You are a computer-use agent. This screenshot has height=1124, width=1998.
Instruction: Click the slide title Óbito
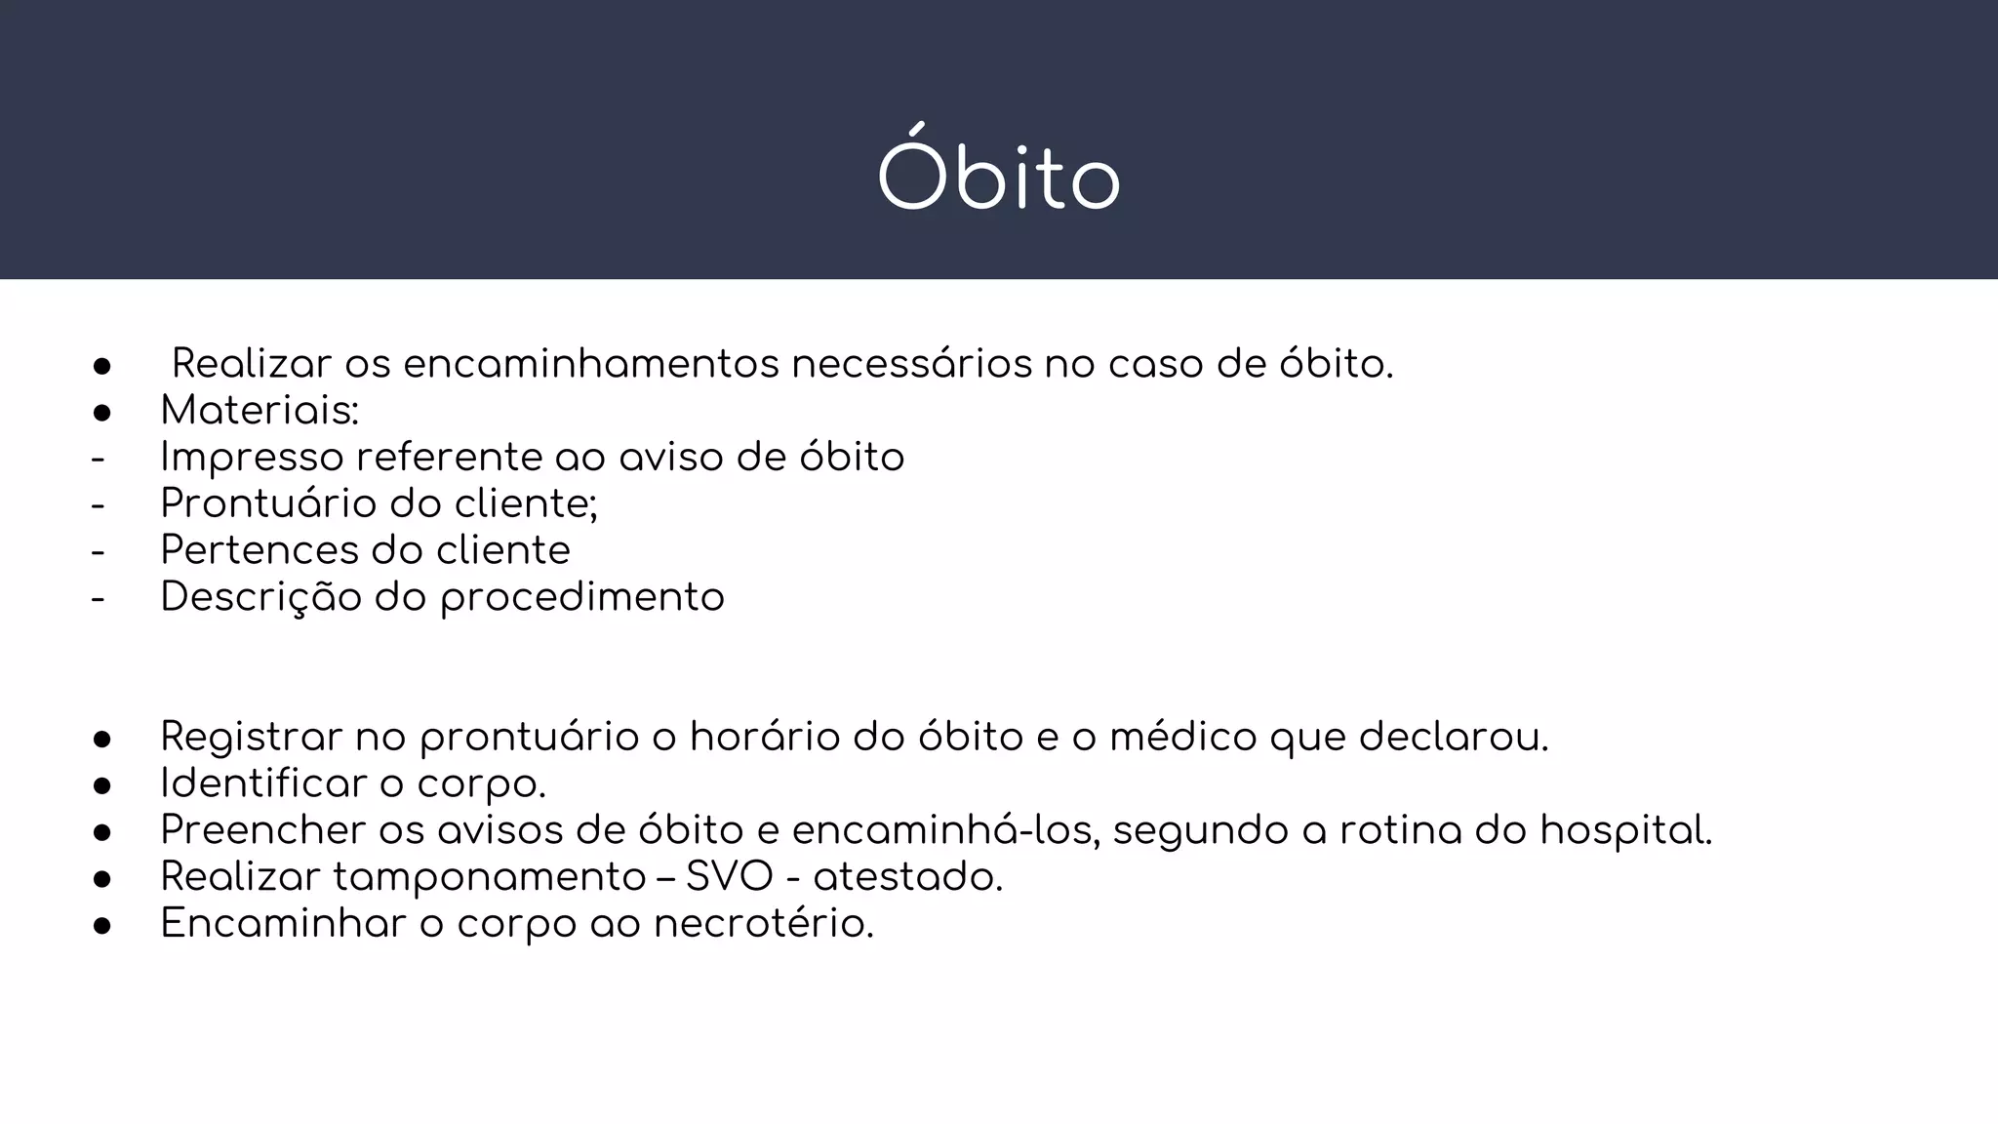click(x=998, y=177)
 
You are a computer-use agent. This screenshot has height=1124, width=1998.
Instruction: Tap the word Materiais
click(x=258, y=411)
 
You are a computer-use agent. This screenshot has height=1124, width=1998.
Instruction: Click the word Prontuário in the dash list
click(x=267, y=503)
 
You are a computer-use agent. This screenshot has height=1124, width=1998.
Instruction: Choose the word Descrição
click(x=260, y=597)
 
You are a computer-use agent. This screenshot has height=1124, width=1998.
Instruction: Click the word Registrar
click(x=251, y=737)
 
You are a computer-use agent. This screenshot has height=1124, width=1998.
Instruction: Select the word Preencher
click(x=262, y=830)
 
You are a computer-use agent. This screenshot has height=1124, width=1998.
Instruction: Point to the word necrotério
click(x=763, y=924)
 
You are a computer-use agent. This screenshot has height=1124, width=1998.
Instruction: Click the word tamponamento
click(x=489, y=878)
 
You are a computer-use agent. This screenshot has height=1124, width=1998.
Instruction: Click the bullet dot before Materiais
click(x=101, y=413)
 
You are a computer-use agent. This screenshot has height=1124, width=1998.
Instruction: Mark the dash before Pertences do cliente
click(x=98, y=551)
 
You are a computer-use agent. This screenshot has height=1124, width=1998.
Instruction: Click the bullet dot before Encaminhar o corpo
click(x=101, y=926)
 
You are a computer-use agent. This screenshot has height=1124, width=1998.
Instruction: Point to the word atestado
click(x=907, y=877)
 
